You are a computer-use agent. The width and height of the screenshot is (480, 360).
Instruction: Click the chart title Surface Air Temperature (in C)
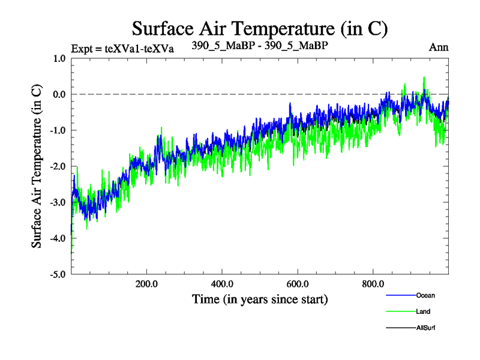point(260,28)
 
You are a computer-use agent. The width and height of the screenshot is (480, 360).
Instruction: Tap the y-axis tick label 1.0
point(59,59)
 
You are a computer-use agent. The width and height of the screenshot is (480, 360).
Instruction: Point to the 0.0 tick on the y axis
point(59,95)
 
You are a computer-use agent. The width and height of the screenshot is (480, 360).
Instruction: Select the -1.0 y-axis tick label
point(58,131)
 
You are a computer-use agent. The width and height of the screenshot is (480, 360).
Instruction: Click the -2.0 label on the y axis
point(58,167)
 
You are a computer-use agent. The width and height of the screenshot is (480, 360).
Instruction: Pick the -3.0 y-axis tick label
point(58,203)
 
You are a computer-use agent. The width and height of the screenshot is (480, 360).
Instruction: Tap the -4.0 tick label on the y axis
point(58,239)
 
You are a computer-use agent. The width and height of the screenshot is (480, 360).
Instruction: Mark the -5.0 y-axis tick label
point(58,275)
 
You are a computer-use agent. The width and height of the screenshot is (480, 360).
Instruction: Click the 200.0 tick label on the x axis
point(146,284)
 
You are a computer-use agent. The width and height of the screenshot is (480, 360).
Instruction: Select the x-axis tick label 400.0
point(222,284)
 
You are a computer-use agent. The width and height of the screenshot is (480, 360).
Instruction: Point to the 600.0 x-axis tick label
point(298,284)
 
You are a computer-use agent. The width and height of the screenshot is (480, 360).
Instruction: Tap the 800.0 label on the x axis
point(373,284)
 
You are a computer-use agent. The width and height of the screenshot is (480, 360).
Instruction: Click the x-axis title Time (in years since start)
point(260,299)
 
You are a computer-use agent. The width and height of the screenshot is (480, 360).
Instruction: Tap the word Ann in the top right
point(439,47)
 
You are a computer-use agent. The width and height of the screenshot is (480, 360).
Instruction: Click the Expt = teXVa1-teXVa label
point(122,49)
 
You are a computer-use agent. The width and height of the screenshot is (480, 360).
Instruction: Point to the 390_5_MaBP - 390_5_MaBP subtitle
point(260,45)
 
